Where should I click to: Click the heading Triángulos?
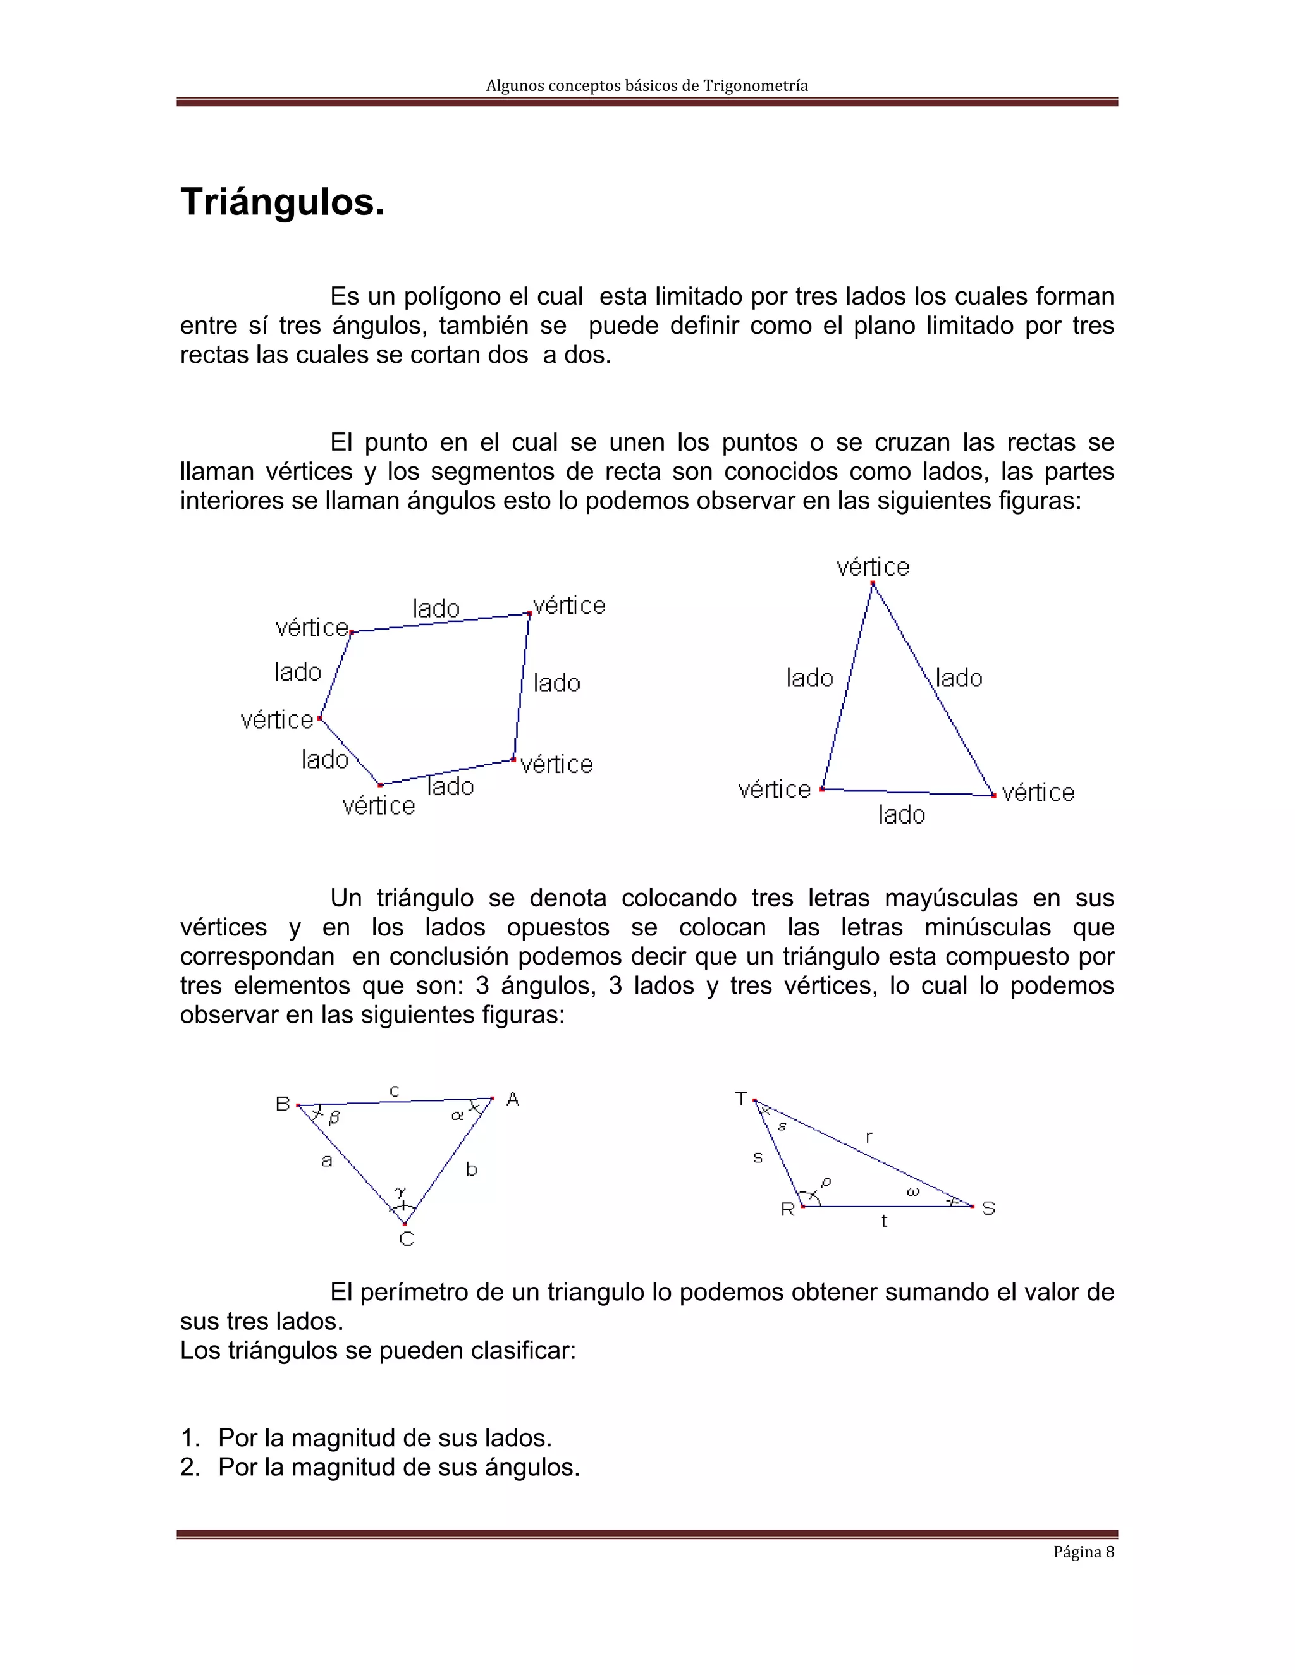[x=282, y=202]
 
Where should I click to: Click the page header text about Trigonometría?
[x=647, y=86]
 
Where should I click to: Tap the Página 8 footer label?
[x=1083, y=1552]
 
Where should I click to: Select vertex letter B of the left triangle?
[x=282, y=1104]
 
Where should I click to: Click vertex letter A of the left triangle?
[x=512, y=1100]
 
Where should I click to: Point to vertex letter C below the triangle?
[x=407, y=1239]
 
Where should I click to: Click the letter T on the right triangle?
[x=740, y=1099]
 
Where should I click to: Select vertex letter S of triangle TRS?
[x=988, y=1209]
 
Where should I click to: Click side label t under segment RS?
[x=884, y=1221]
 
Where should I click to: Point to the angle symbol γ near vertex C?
[x=400, y=1192]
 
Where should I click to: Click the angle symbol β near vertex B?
[x=334, y=1119]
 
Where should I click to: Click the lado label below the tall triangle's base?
[x=902, y=815]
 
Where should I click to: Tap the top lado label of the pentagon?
[x=436, y=609]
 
